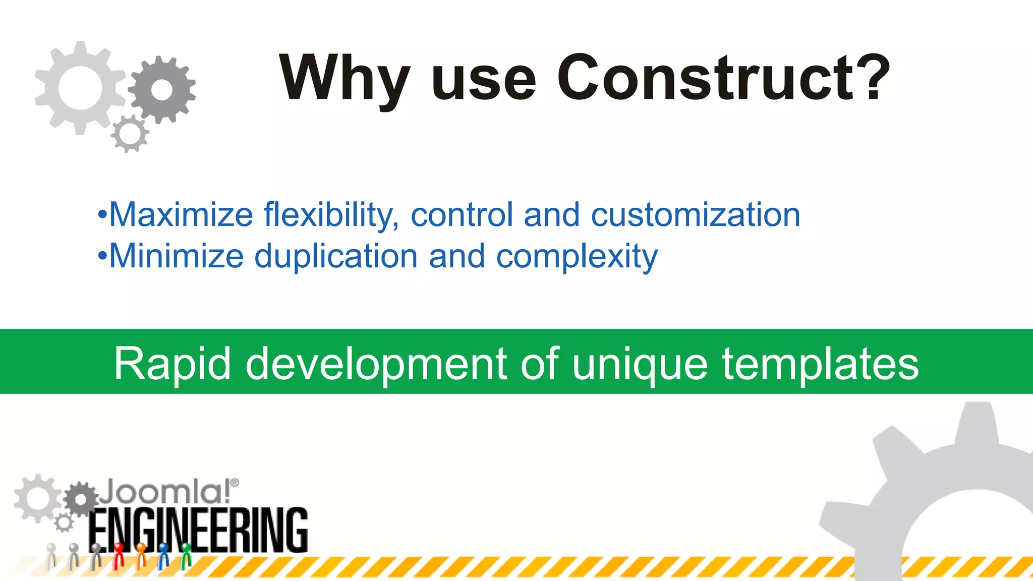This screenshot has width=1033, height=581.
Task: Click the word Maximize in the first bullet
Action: click(181, 215)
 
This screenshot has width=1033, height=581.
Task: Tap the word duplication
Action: click(336, 256)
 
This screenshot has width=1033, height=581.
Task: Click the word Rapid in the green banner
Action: click(172, 364)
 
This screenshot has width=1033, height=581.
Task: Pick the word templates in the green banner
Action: click(820, 364)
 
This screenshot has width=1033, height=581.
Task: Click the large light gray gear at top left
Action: click(80, 88)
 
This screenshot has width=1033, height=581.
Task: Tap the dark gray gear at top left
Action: click(162, 90)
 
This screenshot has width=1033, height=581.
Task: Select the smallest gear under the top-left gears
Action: click(130, 134)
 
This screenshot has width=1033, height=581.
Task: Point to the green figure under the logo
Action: click(186, 555)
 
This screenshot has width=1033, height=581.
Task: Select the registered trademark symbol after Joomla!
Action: click(235, 483)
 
